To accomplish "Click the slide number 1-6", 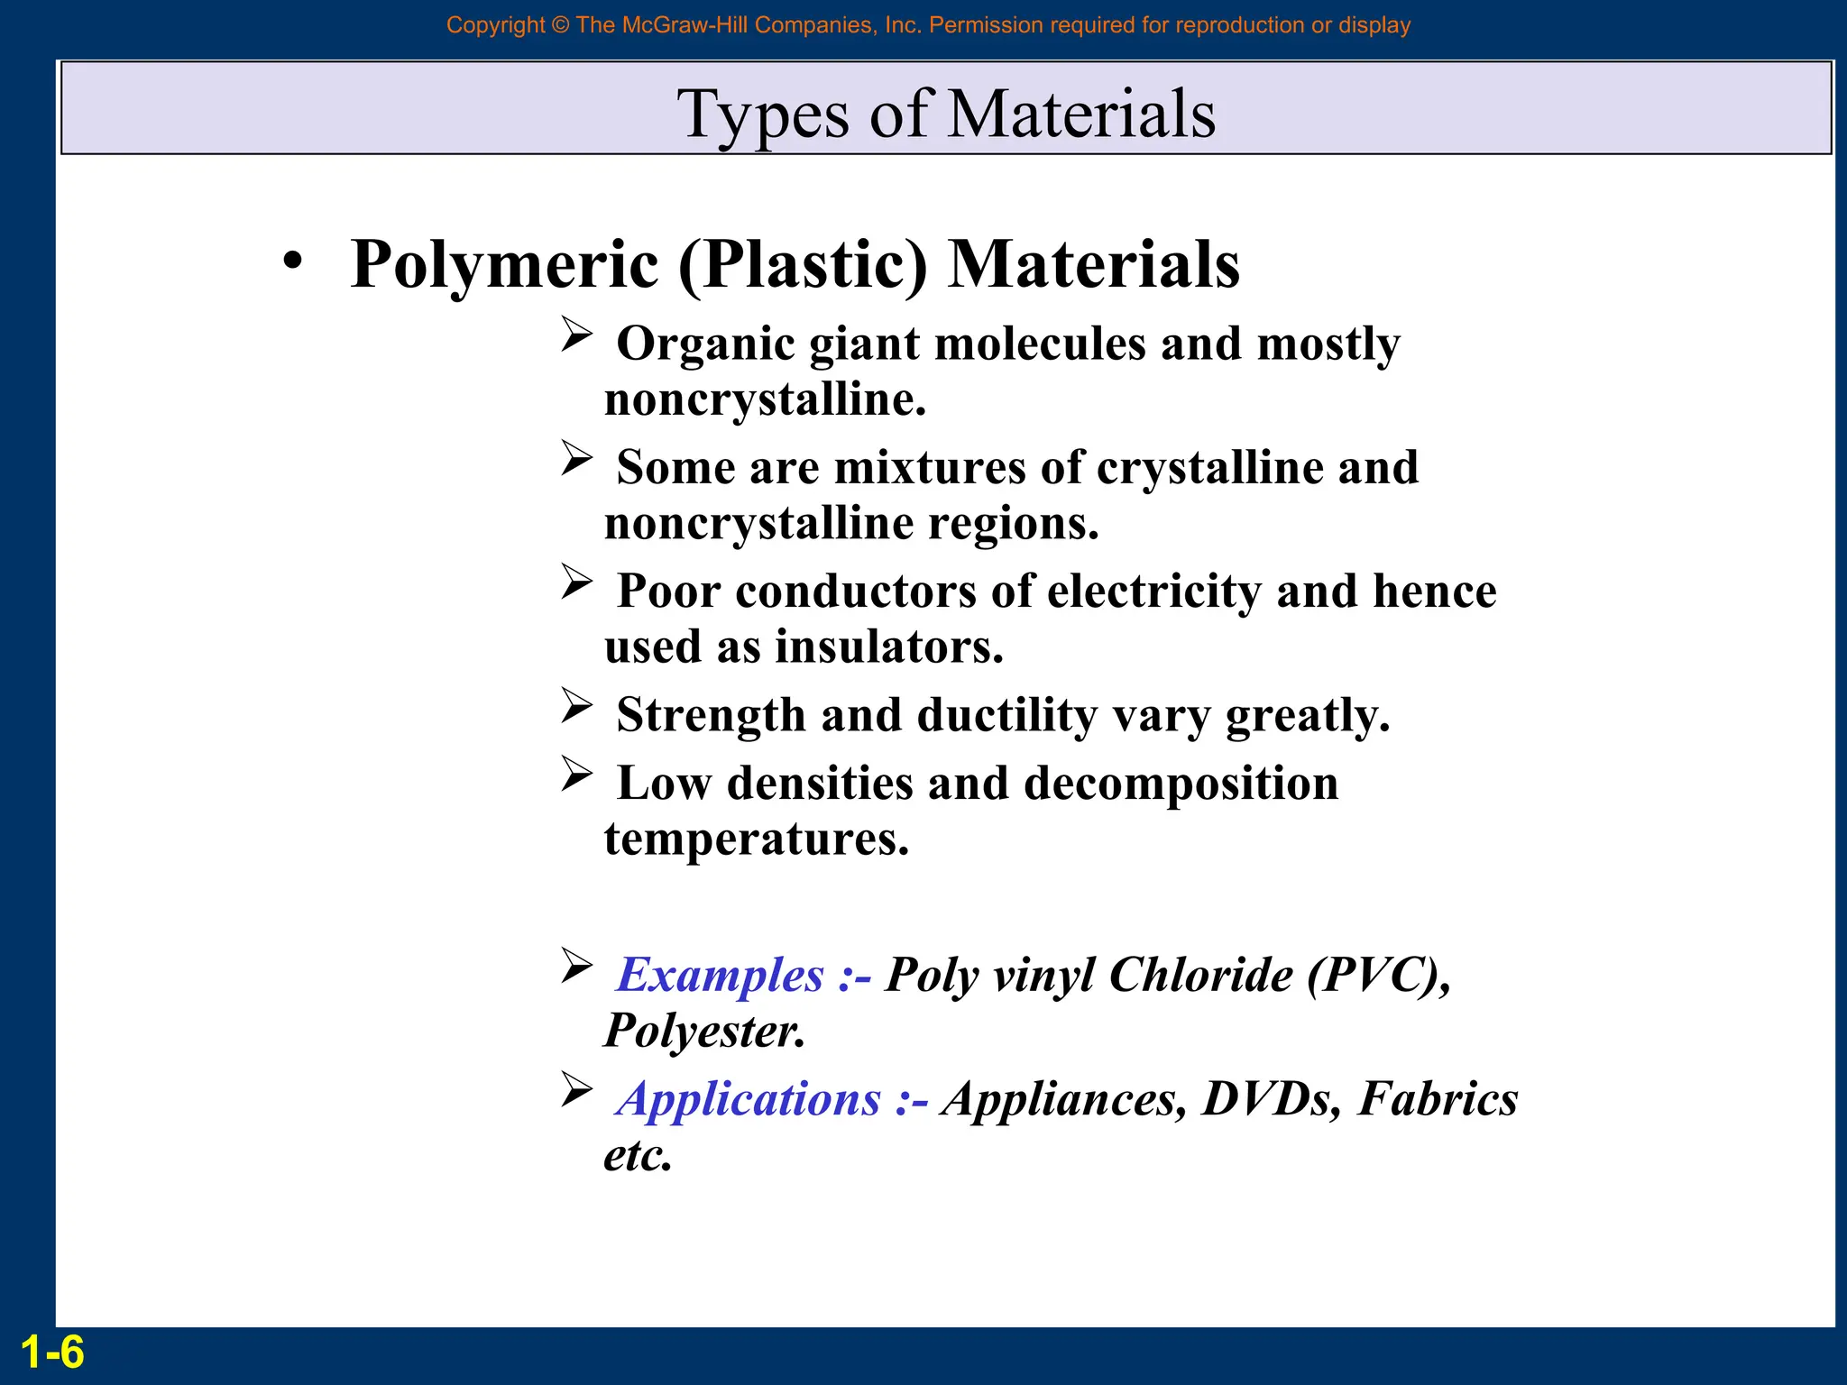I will click(52, 1353).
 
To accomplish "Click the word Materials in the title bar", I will click(1082, 115).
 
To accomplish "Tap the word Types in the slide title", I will click(763, 115).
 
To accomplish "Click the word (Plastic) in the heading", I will click(803, 264).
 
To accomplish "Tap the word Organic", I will click(705, 344).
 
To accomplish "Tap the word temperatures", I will click(756, 839).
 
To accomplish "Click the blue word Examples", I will click(720, 975).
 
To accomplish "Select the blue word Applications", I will click(749, 1099).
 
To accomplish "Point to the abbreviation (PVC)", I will click(1379, 975).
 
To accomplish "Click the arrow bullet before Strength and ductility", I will click(576, 705).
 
